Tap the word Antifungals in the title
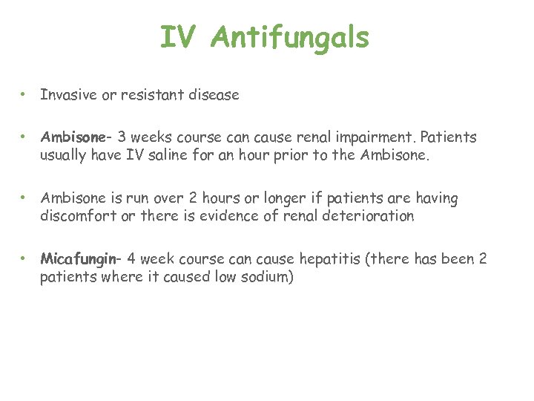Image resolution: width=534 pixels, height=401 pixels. pos(289,39)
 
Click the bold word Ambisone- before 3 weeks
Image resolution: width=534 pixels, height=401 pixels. pos(76,137)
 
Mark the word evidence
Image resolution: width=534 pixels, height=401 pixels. pos(252,215)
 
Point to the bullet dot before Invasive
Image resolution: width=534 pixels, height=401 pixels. pos(24,95)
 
